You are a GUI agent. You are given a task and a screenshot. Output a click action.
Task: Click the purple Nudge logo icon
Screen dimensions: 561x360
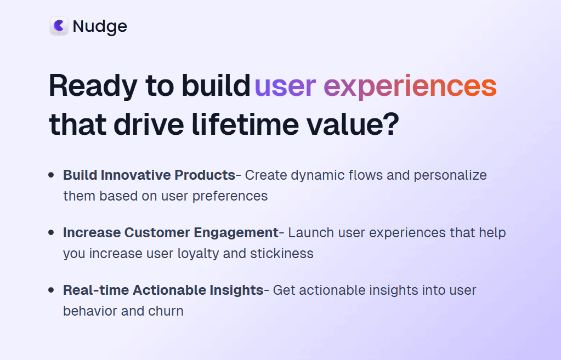tap(59, 26)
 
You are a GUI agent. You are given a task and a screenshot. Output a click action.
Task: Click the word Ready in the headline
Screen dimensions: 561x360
tap(93, 86)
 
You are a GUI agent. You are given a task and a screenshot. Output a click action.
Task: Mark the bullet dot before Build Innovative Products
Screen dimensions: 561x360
tap(51, 175)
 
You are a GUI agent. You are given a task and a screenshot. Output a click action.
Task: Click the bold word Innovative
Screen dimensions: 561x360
tap(135, 175)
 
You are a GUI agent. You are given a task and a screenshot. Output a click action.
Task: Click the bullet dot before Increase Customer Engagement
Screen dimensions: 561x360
tap(51, 233)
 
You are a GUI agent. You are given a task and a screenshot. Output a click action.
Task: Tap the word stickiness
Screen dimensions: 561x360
tap(282, 254)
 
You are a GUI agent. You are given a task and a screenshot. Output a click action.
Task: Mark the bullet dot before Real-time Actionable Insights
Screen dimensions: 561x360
tap(51, 290)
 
